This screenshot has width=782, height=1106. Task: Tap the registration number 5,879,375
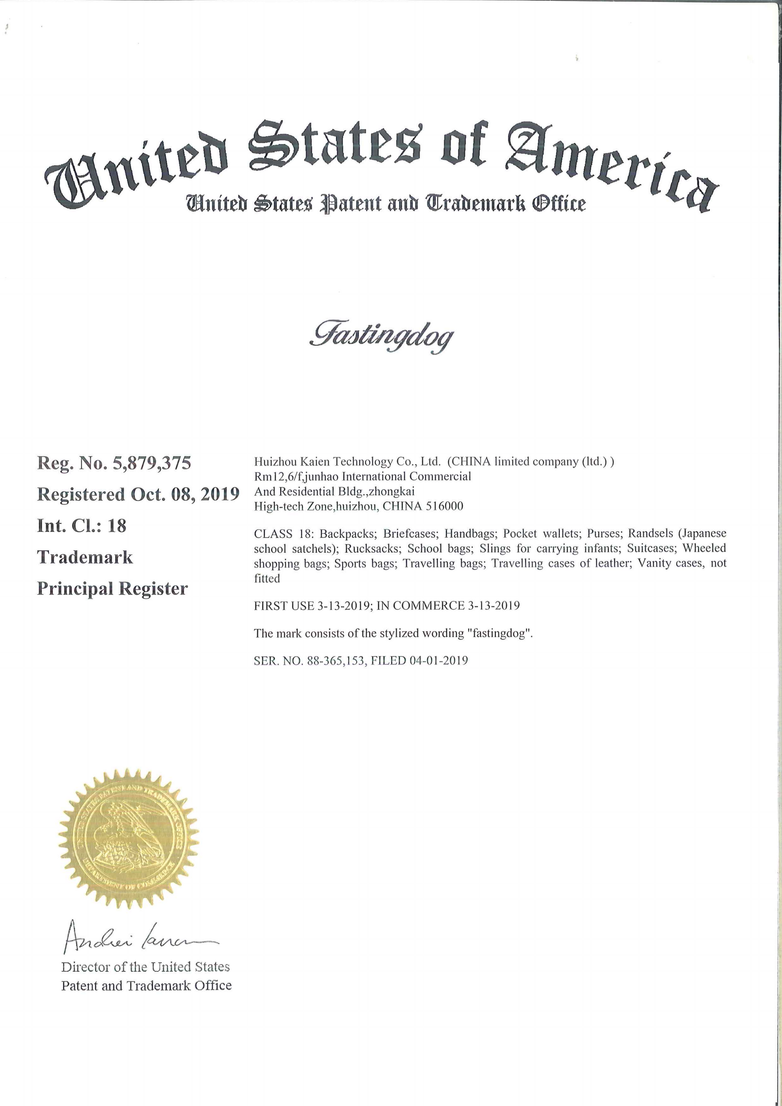point(152,463)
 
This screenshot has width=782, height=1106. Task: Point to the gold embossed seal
point(129,839)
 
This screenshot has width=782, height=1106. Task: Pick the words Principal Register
point(112,589)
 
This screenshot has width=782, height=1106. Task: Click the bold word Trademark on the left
point(85,557)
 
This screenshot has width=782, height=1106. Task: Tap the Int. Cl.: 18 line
point(82,525)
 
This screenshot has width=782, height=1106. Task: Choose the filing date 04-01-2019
point(438,660)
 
